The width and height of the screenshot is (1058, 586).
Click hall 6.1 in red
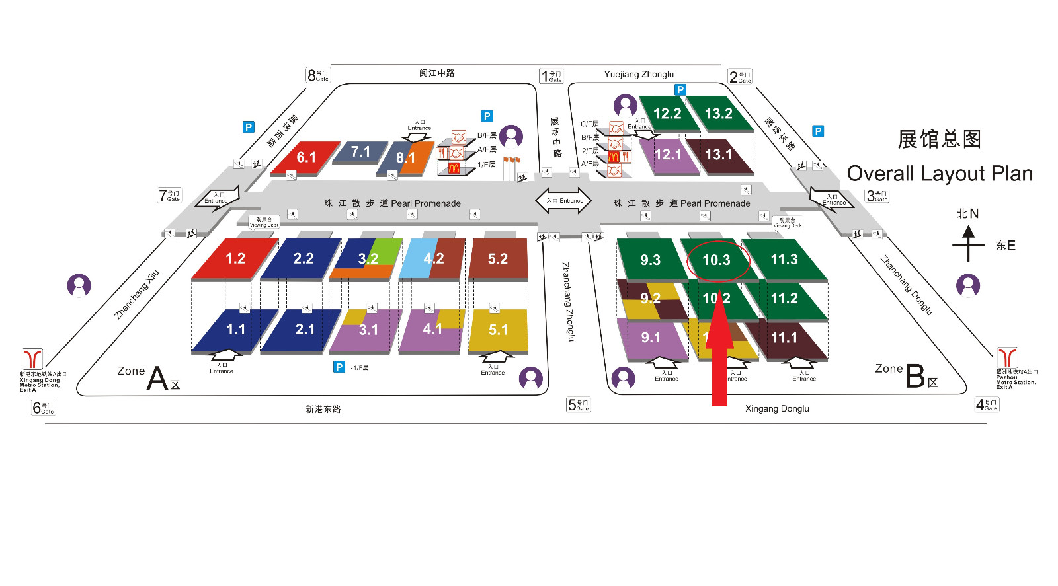305,157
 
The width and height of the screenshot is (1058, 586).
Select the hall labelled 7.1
360,152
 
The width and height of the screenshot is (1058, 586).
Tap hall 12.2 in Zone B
667,114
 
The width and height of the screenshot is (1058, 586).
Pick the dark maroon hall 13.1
719,155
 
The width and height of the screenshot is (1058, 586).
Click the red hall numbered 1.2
235,258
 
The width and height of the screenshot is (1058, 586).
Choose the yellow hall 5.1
498,330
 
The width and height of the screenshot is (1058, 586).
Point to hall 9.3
650,260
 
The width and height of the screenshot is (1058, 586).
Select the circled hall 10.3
717,260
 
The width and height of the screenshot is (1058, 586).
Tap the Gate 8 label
317,75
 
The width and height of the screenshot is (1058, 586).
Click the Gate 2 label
739,77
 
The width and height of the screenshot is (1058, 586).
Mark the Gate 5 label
578,404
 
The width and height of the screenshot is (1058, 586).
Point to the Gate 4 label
987,404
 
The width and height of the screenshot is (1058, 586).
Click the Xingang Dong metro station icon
32,359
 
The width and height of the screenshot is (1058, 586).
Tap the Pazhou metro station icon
1007,357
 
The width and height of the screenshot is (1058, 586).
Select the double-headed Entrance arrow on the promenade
563,201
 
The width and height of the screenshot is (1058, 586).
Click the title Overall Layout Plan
940,174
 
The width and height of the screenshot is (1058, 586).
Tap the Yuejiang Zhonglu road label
639,74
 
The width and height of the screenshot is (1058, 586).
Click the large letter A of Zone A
157,379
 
